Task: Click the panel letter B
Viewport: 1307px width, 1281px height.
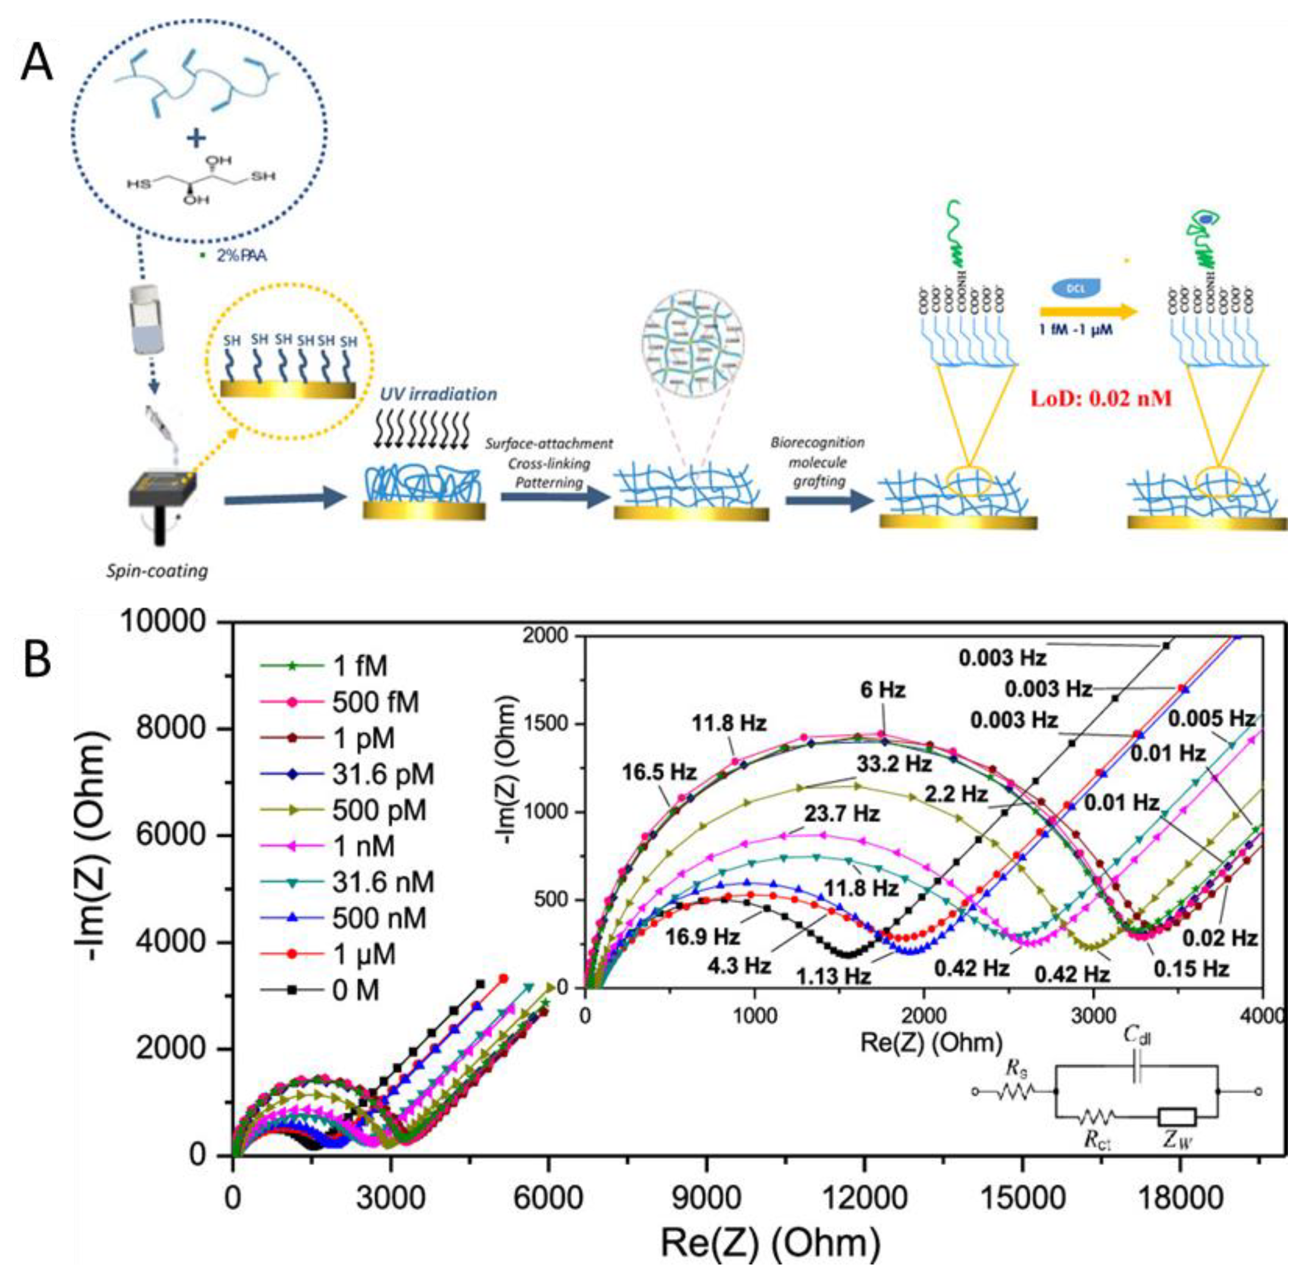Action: tap(38, 659)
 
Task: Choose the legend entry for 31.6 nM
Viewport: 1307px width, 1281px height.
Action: tap(383, 882)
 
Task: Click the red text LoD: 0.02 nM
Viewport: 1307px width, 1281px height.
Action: tap(1102, 398)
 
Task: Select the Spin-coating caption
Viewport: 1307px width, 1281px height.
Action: tap(157, 571)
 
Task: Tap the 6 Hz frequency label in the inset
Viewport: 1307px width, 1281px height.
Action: tap(883, 690)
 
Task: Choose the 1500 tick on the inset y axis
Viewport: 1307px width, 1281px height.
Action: tap(550, 724)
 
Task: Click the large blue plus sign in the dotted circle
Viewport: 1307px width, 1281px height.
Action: tap(197, 139)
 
